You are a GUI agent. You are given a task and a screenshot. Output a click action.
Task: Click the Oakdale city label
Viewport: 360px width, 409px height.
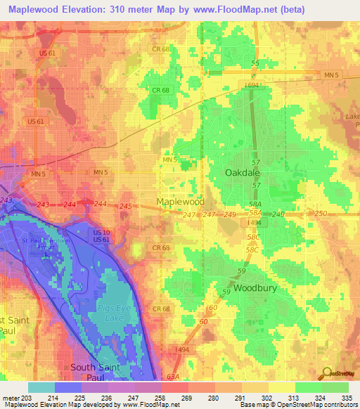[243, 171]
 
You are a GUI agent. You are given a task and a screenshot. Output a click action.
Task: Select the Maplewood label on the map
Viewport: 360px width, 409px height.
[180, 202]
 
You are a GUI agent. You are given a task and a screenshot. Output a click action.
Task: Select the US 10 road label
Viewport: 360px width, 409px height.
[101, 232]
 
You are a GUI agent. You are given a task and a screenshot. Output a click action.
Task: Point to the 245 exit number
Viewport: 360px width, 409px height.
[126, 206]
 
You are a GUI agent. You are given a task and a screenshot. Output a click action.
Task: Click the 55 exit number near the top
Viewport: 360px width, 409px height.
[255, 63]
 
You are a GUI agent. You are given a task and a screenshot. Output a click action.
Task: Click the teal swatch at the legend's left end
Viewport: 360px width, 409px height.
[41, 387]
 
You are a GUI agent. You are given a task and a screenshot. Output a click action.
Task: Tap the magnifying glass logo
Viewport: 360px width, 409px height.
[326, 373]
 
